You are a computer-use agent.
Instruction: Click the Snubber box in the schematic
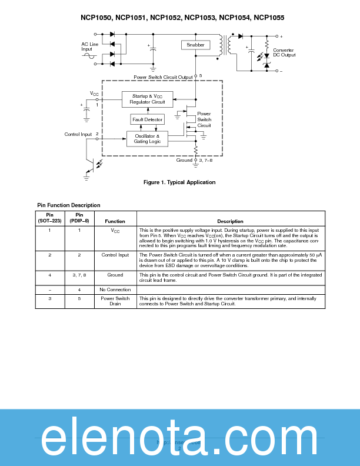[195, 45]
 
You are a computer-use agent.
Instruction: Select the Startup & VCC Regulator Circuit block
[147, 99]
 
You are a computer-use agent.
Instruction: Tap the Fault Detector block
[147, 119]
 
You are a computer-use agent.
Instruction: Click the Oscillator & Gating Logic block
[147, 139]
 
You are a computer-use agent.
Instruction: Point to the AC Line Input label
[90, 46]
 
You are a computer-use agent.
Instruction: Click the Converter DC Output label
[284, 52]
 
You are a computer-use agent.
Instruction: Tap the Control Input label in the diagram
[78, 134]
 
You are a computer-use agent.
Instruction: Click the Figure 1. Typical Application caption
[179, 182]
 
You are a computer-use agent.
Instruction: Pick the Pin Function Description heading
[68, 205]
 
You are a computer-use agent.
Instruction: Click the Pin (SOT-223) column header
[49, 218]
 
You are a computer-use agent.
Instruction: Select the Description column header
[230, 221]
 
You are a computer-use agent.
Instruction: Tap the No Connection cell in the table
[115, 289]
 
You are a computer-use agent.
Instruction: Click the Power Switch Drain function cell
[115, 301]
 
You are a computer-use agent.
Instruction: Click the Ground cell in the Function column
[115, 275]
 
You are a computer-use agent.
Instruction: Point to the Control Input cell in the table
[115, 255]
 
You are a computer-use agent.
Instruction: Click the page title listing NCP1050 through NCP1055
[182, 18]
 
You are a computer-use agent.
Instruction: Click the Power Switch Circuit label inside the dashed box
[204, 119]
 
